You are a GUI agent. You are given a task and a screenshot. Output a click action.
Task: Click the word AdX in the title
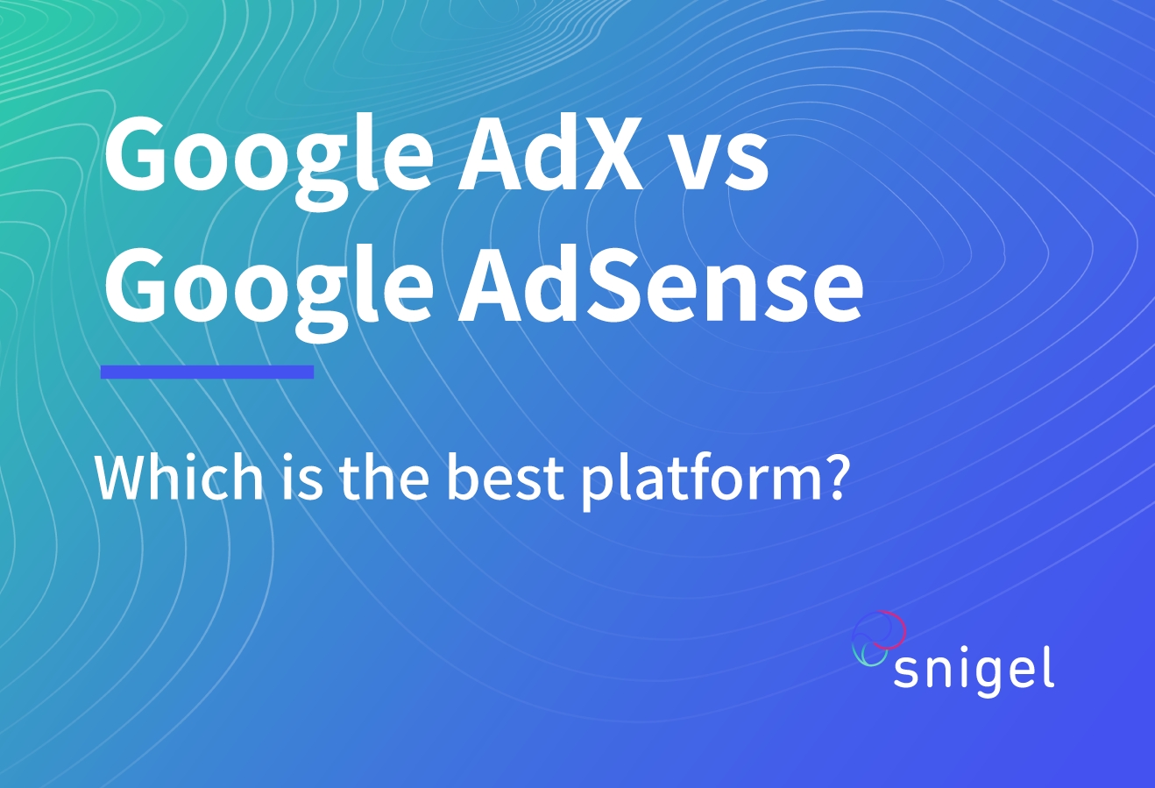point(550,153)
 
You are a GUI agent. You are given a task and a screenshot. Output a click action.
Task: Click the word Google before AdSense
point(269,294)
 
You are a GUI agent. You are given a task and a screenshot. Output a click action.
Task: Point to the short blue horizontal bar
point(208,372)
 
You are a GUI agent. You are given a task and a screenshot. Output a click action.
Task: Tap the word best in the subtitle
point(506,477)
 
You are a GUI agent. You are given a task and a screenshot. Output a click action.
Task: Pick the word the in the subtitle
point(384,477)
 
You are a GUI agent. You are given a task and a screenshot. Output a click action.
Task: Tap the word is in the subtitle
point(302,477)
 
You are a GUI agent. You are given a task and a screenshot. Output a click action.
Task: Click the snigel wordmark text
point(974,672)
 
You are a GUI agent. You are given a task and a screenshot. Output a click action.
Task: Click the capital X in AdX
point(608,153)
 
